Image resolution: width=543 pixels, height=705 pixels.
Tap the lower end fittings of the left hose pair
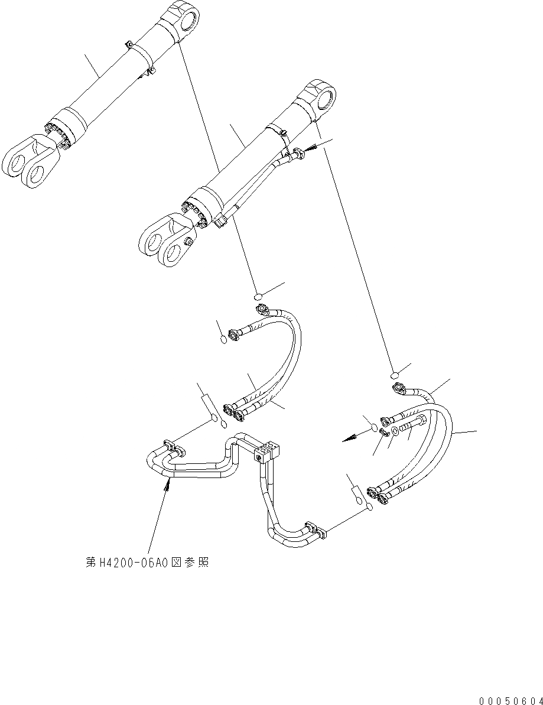(x=234, y=411)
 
